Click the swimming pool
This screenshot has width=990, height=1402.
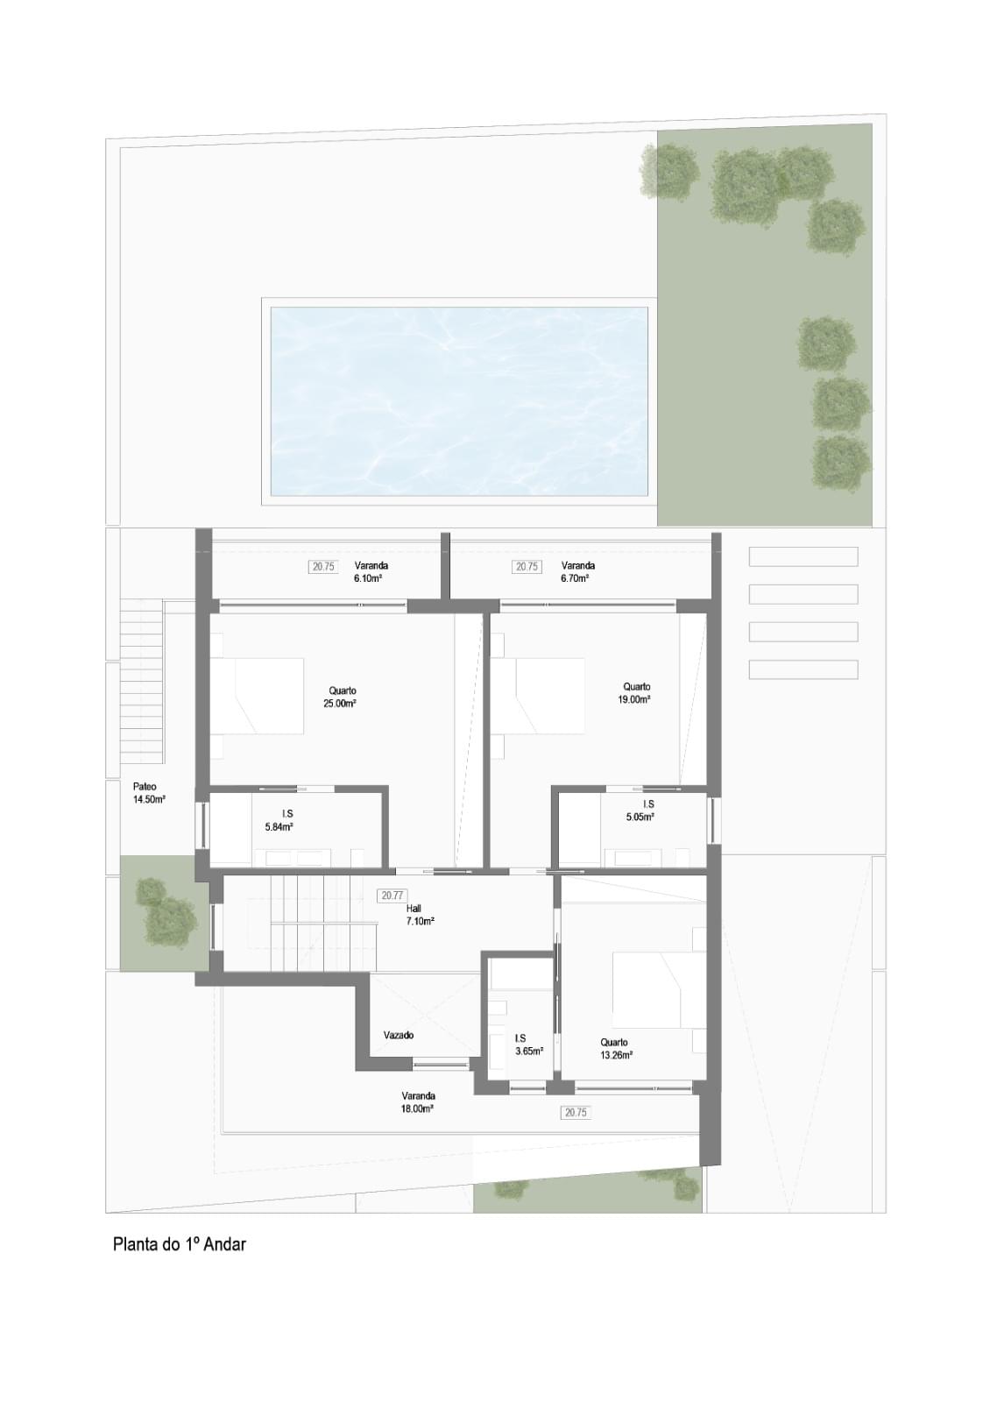458,400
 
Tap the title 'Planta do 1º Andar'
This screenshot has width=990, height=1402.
180,1243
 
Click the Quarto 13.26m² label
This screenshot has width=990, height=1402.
616,1049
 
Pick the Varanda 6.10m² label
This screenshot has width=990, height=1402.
371,572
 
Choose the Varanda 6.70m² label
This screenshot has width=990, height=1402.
577,572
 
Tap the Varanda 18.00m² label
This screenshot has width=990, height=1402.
418,1101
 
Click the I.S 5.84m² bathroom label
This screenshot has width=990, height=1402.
279,820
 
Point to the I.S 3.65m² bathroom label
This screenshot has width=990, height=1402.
528,1044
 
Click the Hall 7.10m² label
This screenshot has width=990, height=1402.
419,915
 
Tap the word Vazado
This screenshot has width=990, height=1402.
399,1035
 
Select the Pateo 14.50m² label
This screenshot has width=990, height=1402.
148,793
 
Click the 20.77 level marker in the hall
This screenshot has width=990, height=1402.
392,896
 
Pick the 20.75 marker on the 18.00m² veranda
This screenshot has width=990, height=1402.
576,1113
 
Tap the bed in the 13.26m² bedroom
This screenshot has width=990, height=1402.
657,989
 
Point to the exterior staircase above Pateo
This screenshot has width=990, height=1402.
141,682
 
